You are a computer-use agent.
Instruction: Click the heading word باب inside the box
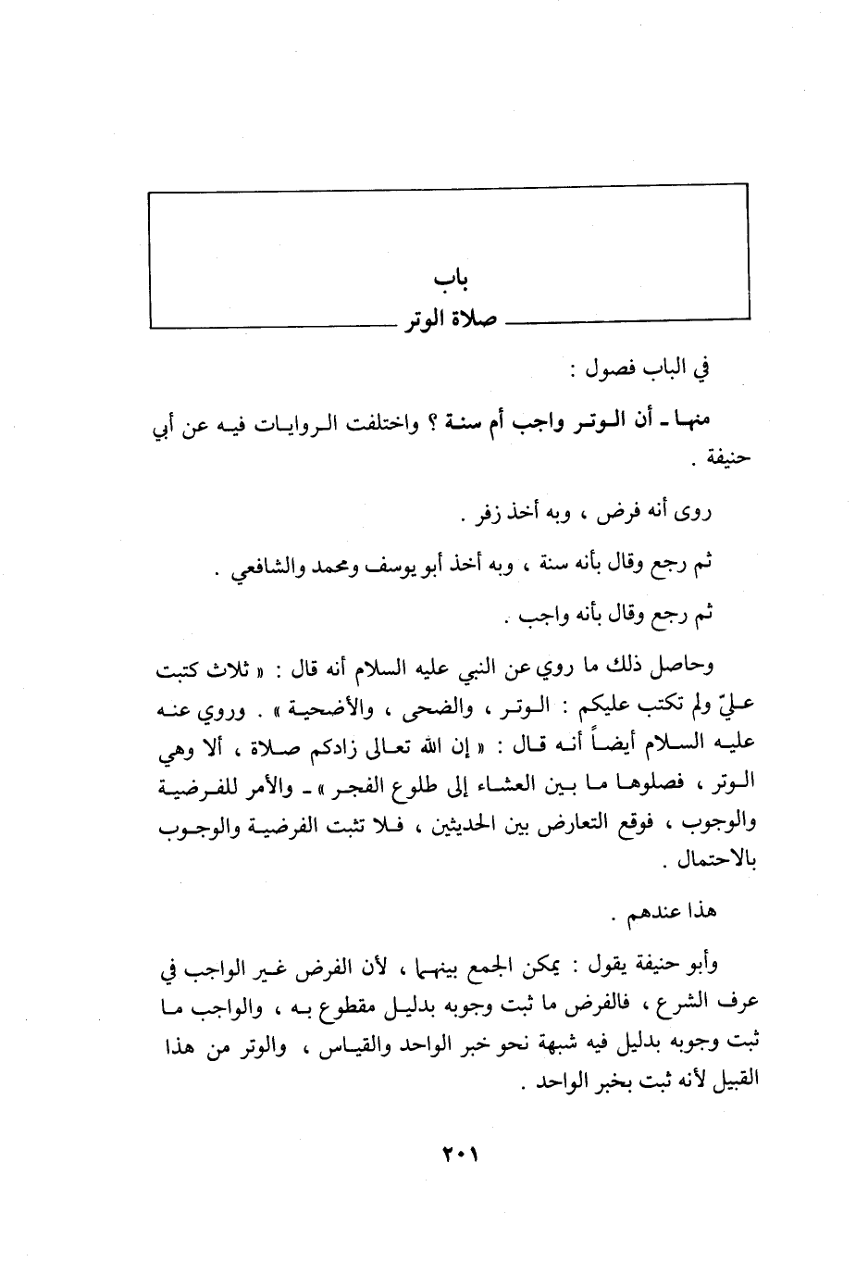click(x=448, y=281)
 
